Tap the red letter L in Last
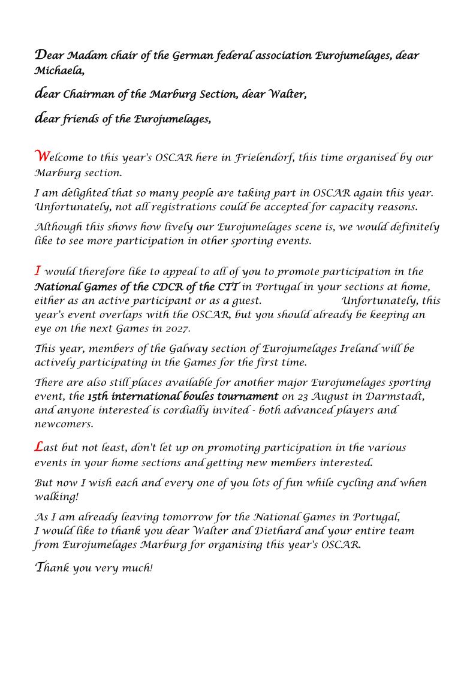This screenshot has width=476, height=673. click(x=39, y=446)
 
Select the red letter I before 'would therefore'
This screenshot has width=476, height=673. click(x=38, y=270)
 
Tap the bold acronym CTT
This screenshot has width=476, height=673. click(x=228, y=286)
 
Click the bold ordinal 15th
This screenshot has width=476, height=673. click(x=98, y=397)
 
